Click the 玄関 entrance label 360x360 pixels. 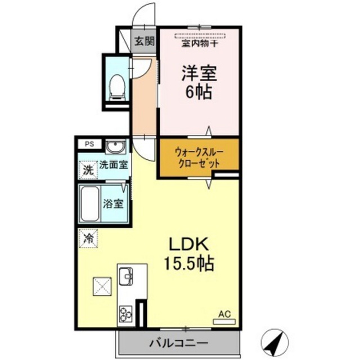pyautogui.click(x=144, y=41)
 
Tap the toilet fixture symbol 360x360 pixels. pyautogui.click(x=117, y=87)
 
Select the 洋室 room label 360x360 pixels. pyautogui.click(x=199, y=73)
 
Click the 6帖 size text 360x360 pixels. pyautogui.click(x=199, y=92)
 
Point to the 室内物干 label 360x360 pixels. pyautogui.click(x=200, y=43)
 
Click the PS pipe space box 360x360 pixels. pyautogui.click(x=89, y=144)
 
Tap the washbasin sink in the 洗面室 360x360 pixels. pyautogui.click(x=115, y=147)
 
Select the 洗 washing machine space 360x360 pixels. pyautogui.click(x=88, y=170)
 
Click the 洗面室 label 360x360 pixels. pyautogui.click(x=114, y=165)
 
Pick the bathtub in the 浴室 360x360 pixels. pyautogui.click(x=89, y=204)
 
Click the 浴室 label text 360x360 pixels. pyautogui.click(x=113, y=204)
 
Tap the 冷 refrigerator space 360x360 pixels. pyautogui.click(x=88, y=238)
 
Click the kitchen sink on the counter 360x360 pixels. pyautogui.click(x=126, y=276)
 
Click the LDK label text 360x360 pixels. pyautogui.click(x=189, y=244)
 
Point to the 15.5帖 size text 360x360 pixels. pyautogui.click(x=189, y=263)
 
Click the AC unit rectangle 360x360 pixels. pyautogui.click(x=224, y=322)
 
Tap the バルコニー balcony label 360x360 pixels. pyautogui.click(x=179, y=343)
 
